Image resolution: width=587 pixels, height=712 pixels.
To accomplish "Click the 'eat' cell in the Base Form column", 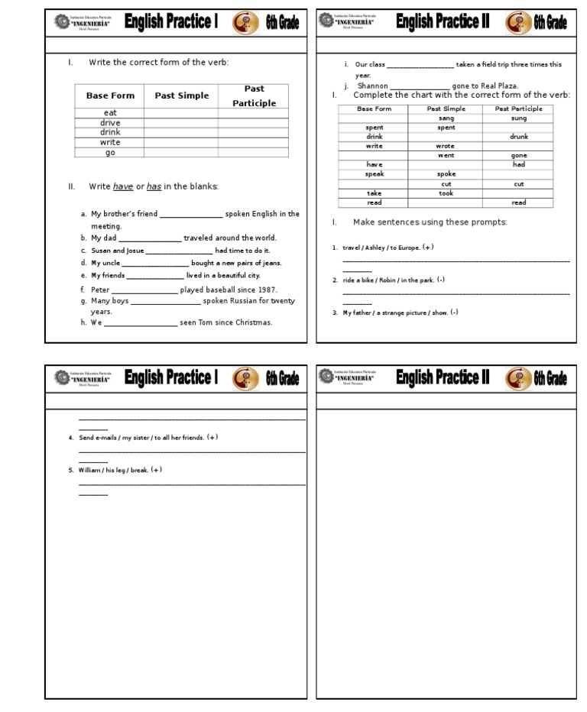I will (x=110, y=113).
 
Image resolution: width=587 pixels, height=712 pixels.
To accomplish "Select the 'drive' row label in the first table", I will (x=110, y=123).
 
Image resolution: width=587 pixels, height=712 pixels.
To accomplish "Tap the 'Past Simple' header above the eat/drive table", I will (x=181, y=95).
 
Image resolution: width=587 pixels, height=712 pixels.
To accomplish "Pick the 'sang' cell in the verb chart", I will (x=446, y=118).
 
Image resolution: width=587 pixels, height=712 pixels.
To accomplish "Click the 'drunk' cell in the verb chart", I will (x=519, y=137).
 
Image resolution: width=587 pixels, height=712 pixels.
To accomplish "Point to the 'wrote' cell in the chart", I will (x=446, y=146).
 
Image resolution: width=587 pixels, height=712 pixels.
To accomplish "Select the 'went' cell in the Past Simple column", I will (x=446, y=156).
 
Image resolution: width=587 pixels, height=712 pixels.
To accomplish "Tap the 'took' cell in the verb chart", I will (x=446, y=193).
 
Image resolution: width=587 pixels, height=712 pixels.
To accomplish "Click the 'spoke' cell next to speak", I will (x=446, y=174).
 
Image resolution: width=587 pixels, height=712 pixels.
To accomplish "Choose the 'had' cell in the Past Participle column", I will (x=519, y=165).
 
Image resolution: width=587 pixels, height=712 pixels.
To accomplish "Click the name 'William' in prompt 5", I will (x=90, y=471).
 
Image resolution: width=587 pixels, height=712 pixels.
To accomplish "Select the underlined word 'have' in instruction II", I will (x=123, y=186).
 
